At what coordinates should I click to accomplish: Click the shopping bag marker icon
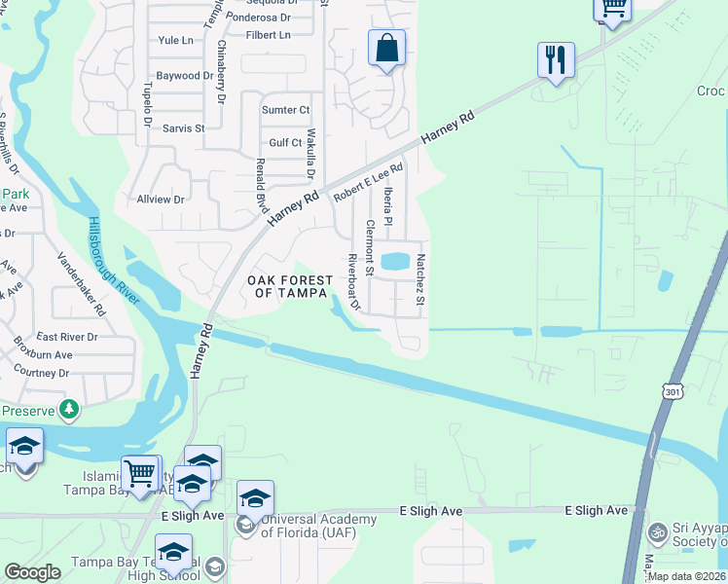[386, 48]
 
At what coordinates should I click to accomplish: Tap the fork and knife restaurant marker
[556, 60]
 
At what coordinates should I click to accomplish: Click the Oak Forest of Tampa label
[286, 287]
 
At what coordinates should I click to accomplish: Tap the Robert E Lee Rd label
[368, 182]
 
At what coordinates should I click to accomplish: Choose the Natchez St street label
[420, 279]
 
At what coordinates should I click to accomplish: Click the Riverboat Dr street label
[354, 282]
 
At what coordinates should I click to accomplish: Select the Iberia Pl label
[387, 206]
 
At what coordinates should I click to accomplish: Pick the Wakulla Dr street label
[310, 154]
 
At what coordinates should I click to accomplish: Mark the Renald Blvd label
[261, 187]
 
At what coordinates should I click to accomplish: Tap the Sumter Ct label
[285, 110]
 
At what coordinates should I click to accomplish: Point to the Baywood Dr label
[183, 75]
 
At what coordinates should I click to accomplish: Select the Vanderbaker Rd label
[81, 284]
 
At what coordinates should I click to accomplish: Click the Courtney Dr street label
[42, 373]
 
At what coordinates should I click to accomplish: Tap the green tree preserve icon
[68, 410]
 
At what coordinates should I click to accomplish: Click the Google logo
[32, 571]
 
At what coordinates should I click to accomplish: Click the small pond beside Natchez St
[395, 261]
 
